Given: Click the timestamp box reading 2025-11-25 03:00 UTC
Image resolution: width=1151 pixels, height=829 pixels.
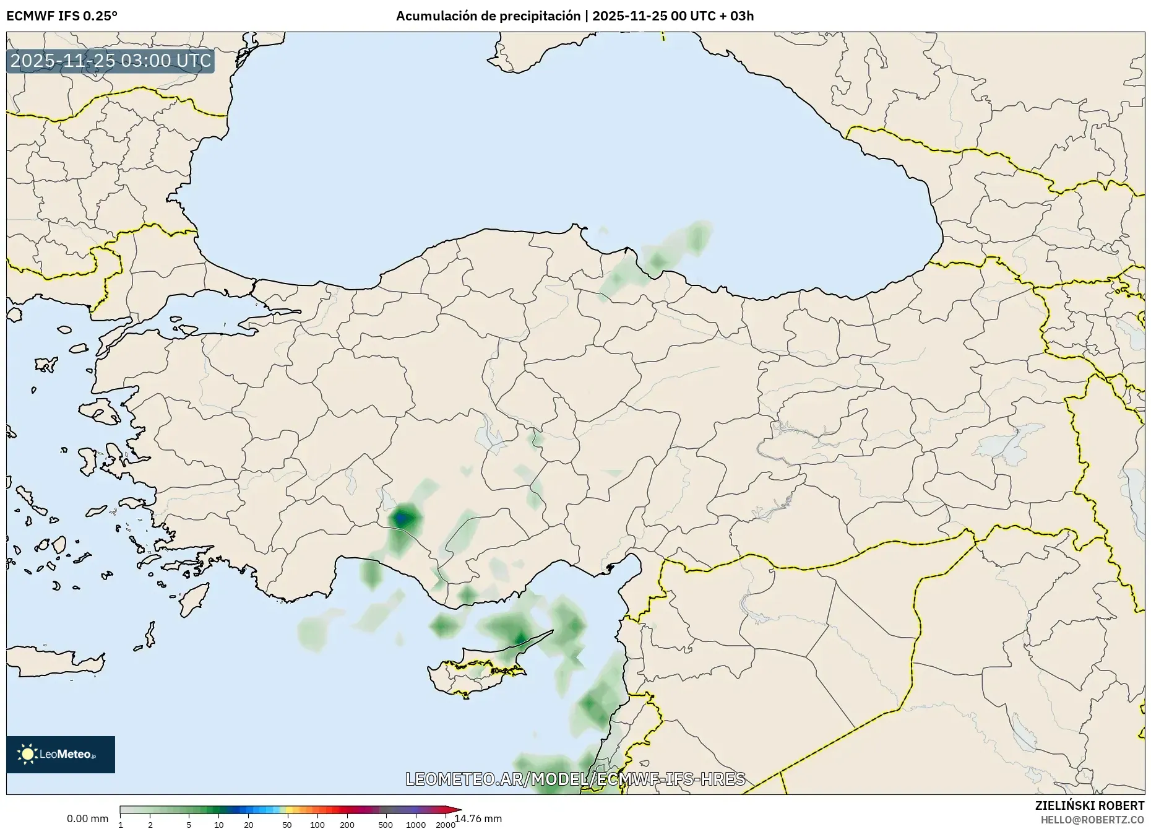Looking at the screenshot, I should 111,61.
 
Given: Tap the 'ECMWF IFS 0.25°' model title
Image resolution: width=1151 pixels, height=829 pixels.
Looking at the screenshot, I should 61,15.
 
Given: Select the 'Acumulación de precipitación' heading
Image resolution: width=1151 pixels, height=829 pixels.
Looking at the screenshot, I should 488,15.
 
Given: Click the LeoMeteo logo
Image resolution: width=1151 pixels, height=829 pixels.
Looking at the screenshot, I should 61,754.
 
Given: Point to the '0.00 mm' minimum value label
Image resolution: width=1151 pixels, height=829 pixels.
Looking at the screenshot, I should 87,818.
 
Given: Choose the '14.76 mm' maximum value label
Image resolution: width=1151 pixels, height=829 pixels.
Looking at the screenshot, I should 478,818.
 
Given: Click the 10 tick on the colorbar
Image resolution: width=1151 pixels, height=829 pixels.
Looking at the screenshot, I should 219,825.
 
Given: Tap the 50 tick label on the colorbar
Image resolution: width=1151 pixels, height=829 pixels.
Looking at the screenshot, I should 287,825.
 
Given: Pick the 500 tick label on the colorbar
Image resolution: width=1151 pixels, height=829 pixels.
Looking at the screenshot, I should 386,825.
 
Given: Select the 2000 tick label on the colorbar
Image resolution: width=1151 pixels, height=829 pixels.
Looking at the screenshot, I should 445,825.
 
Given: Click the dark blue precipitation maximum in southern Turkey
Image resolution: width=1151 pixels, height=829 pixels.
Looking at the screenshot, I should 403,516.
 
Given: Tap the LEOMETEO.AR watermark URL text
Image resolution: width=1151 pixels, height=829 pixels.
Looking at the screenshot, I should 575,778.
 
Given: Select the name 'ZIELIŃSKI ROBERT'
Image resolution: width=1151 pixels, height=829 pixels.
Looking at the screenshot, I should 1089,805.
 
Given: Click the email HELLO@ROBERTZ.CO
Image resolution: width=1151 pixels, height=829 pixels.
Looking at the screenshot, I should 1092,820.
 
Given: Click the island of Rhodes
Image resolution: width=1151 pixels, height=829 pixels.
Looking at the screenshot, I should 193,599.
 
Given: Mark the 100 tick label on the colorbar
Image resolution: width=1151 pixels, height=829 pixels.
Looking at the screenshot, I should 317,825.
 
